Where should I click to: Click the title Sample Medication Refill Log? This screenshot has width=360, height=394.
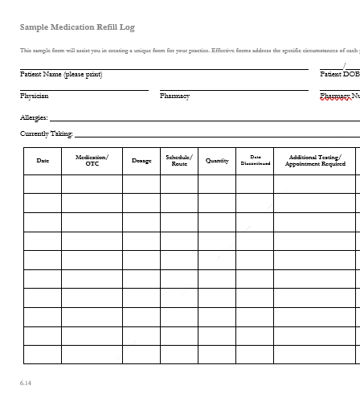point(77,27)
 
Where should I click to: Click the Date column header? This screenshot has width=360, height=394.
point(43,161)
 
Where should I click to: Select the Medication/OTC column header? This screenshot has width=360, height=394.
point(92,161)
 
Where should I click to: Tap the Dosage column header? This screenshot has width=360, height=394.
point(141,161)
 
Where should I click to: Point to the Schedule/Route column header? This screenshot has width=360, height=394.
point(179,161)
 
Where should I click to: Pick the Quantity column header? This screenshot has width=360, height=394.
point(217,161)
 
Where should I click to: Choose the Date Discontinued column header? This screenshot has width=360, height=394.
point(256,161)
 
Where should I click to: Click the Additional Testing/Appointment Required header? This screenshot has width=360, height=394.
point(315,161)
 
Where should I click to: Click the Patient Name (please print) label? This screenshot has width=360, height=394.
point(61,75)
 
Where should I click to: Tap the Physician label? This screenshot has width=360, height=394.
point(34,96)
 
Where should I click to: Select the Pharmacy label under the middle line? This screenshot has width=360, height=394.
point(174,96)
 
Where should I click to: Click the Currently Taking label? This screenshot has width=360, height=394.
point(46,134)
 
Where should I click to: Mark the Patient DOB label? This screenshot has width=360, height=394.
point(339,74)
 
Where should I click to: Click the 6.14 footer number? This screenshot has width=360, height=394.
point(26,383)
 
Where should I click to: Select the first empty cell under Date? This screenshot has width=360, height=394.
point(43,184)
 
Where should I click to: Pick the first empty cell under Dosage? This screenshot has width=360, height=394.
point(141,184)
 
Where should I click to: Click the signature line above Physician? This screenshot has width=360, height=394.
point(84,90)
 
